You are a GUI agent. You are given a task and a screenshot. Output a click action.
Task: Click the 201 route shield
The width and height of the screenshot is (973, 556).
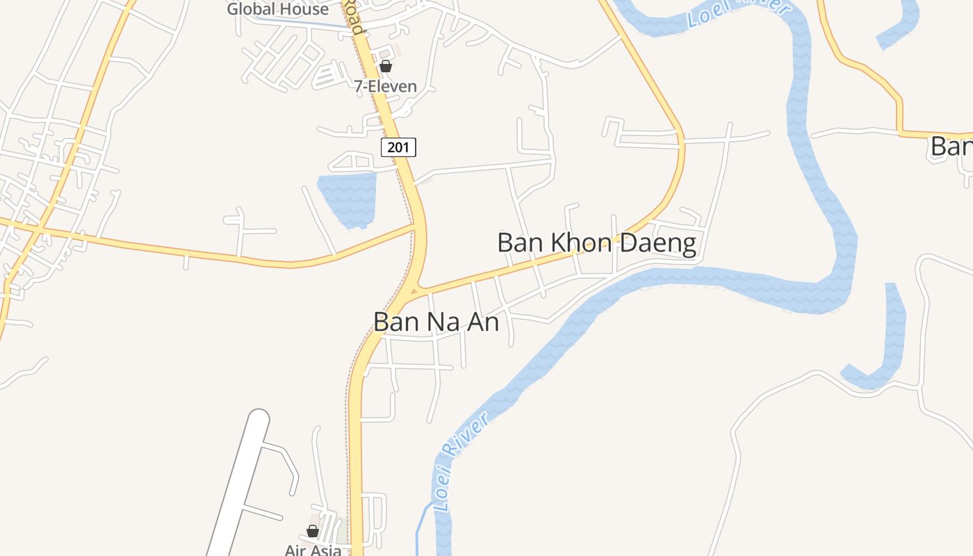coord(398,147)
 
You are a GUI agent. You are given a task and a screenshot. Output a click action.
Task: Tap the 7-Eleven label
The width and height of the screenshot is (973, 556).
coord(385,87)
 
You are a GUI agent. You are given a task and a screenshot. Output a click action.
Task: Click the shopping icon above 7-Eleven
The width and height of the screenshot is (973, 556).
coord(386,67)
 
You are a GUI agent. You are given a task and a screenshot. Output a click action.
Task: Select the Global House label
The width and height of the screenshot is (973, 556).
coord(277,10)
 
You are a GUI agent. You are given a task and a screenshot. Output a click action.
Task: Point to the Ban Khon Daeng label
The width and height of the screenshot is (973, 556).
coord(596,243)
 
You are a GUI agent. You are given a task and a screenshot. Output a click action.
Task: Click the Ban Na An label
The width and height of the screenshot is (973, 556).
coord(436,322)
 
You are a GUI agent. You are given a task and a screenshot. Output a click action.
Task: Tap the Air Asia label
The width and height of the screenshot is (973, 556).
coord(313,549)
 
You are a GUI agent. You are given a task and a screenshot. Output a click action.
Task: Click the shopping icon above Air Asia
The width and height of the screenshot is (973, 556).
coord(313,531)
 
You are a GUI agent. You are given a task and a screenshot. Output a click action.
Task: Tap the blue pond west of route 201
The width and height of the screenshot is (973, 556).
coord(347,197)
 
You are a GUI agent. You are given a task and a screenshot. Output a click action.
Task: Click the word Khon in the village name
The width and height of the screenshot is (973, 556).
coord(582,243)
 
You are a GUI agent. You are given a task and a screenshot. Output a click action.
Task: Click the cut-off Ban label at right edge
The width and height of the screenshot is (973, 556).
coord(951,147)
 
